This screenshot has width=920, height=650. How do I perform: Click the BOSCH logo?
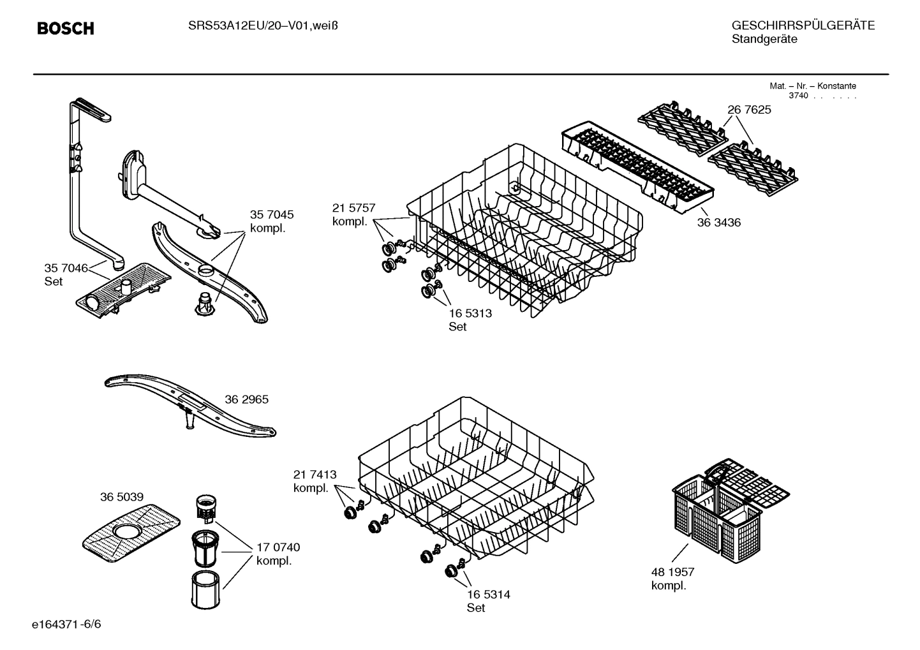(x=65, y=29)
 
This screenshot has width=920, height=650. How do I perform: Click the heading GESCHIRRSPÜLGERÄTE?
(x=803, y=26)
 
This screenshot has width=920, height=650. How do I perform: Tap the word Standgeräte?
(x=764, y=40)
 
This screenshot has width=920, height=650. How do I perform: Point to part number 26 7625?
(x=749, y=110)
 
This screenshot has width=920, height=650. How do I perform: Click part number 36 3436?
(x=718, y=223)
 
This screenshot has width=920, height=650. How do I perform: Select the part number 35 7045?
(x=272, y=215)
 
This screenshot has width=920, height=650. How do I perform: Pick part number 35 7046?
(x=66, y=268)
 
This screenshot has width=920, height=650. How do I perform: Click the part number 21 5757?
(x=353, y=208)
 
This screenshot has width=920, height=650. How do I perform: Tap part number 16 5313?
(x=470, y=313)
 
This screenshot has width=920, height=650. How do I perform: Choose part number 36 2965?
(x=246, y=399)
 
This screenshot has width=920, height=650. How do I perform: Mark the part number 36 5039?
(x=121, y=497)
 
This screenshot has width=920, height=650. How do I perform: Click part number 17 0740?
(x=278, y=547)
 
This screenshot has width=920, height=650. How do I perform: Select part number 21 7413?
(x=315, y=475)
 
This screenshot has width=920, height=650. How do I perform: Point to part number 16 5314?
(x=488, y=595)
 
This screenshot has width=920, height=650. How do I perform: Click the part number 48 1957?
(x=672, y=572)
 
